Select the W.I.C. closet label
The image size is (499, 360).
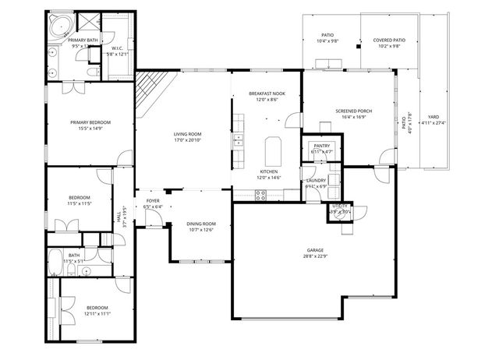118,48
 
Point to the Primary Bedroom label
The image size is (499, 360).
90,122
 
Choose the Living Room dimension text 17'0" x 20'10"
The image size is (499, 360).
186,140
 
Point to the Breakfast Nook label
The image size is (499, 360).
267,94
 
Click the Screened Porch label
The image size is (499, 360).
353,111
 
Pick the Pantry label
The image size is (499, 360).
322,145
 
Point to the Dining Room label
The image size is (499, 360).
201,224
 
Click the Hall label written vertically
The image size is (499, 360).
119,219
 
